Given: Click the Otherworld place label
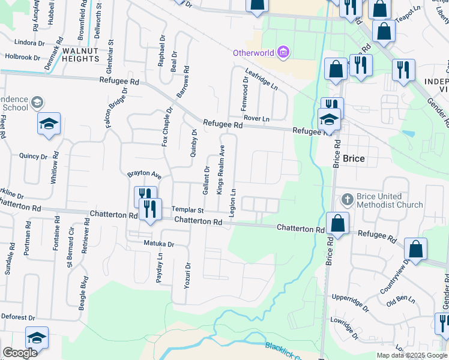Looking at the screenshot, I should pos(254,53).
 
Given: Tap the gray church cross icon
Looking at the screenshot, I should pos(347,199).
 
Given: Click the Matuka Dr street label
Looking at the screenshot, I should pos(158,244).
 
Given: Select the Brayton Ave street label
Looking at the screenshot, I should pos(144,175).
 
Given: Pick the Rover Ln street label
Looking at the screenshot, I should pos(257,118).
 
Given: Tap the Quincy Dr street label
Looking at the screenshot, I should pos(33,157).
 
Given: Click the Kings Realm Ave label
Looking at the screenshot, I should pos(220,170).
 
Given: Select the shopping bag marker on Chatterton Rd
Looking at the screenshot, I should pos(338,224).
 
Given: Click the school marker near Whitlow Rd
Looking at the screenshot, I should pos(49,125).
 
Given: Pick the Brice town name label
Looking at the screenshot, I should pos(354,159).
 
